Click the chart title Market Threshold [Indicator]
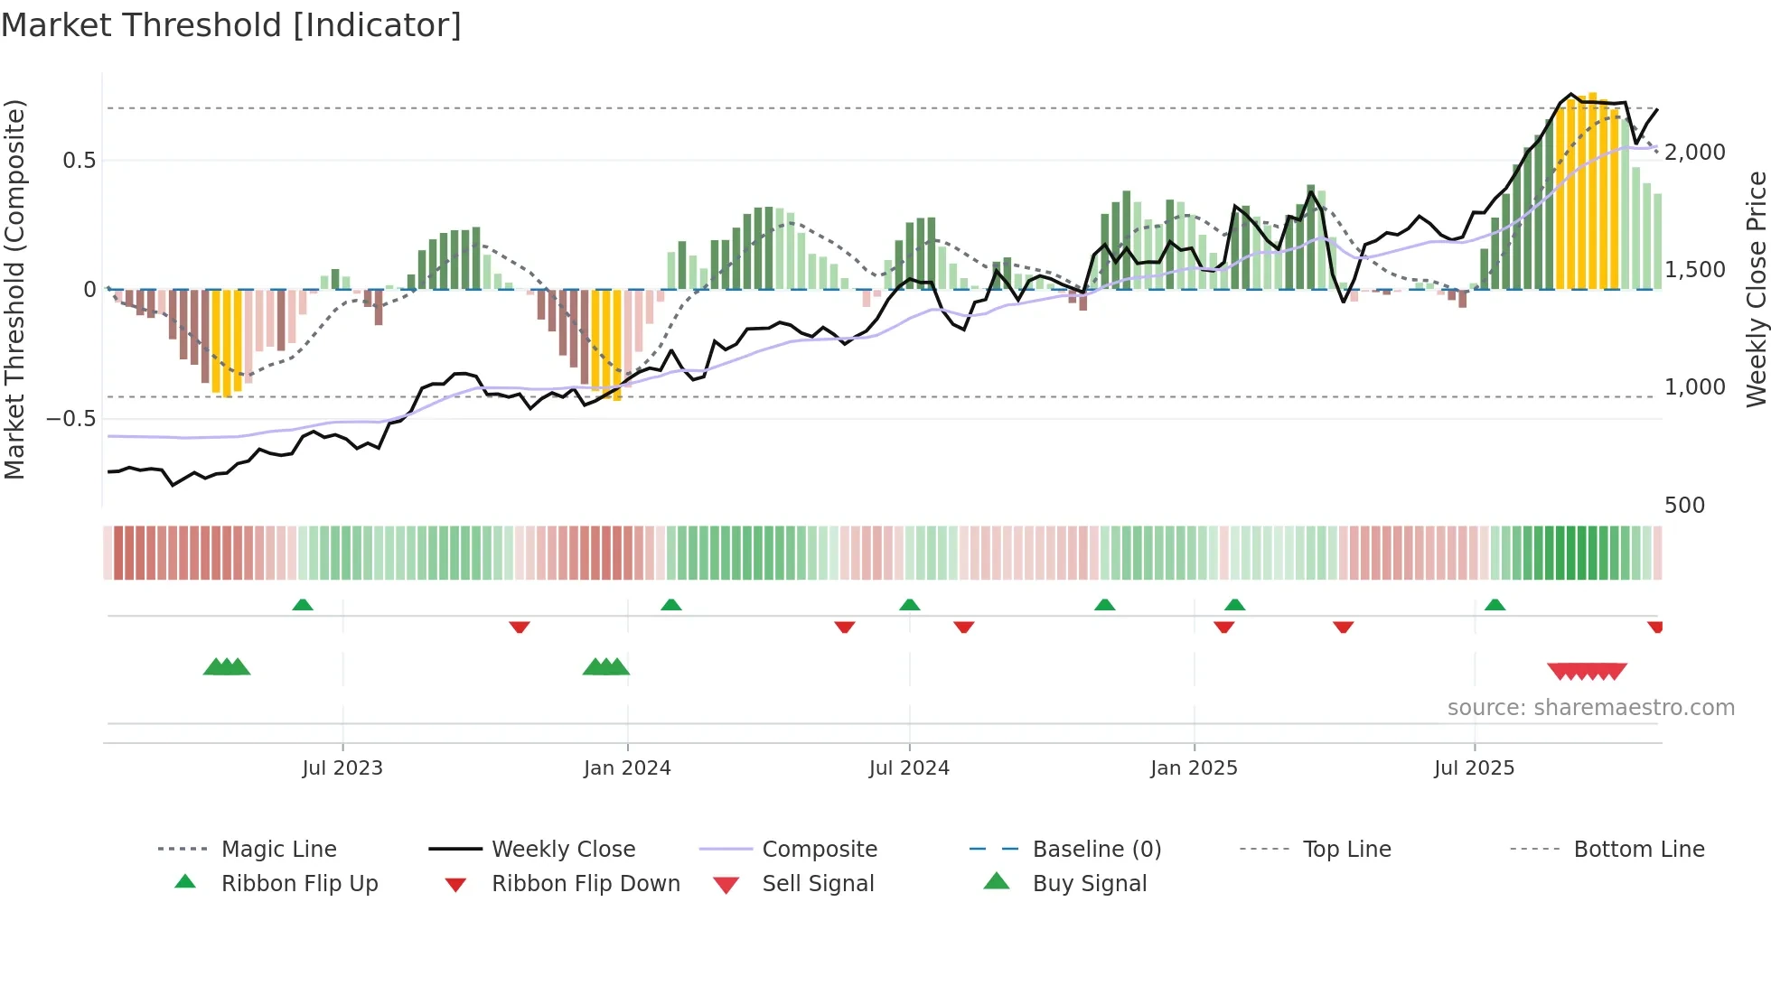tap(231, 25)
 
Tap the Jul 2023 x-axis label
tap(342, 768)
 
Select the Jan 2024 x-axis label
tap(627, 768)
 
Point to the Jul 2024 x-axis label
tap(909, 768)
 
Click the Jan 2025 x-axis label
tap(1194, 768)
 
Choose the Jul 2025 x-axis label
tap(1474, 768)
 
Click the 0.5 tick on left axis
tap(80, 161)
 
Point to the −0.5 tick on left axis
tap(71, 419)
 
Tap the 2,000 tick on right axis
tap(1695, 153)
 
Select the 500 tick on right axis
tap(1684, 506)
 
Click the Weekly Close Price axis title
tap(1756, 289)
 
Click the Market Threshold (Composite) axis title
tap(14, 289)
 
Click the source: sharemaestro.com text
tap(1590, 708)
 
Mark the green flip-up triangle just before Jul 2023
tap(303, 605)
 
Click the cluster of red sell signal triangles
tap(1587, 671)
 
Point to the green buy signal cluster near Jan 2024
tap(605, 667)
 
